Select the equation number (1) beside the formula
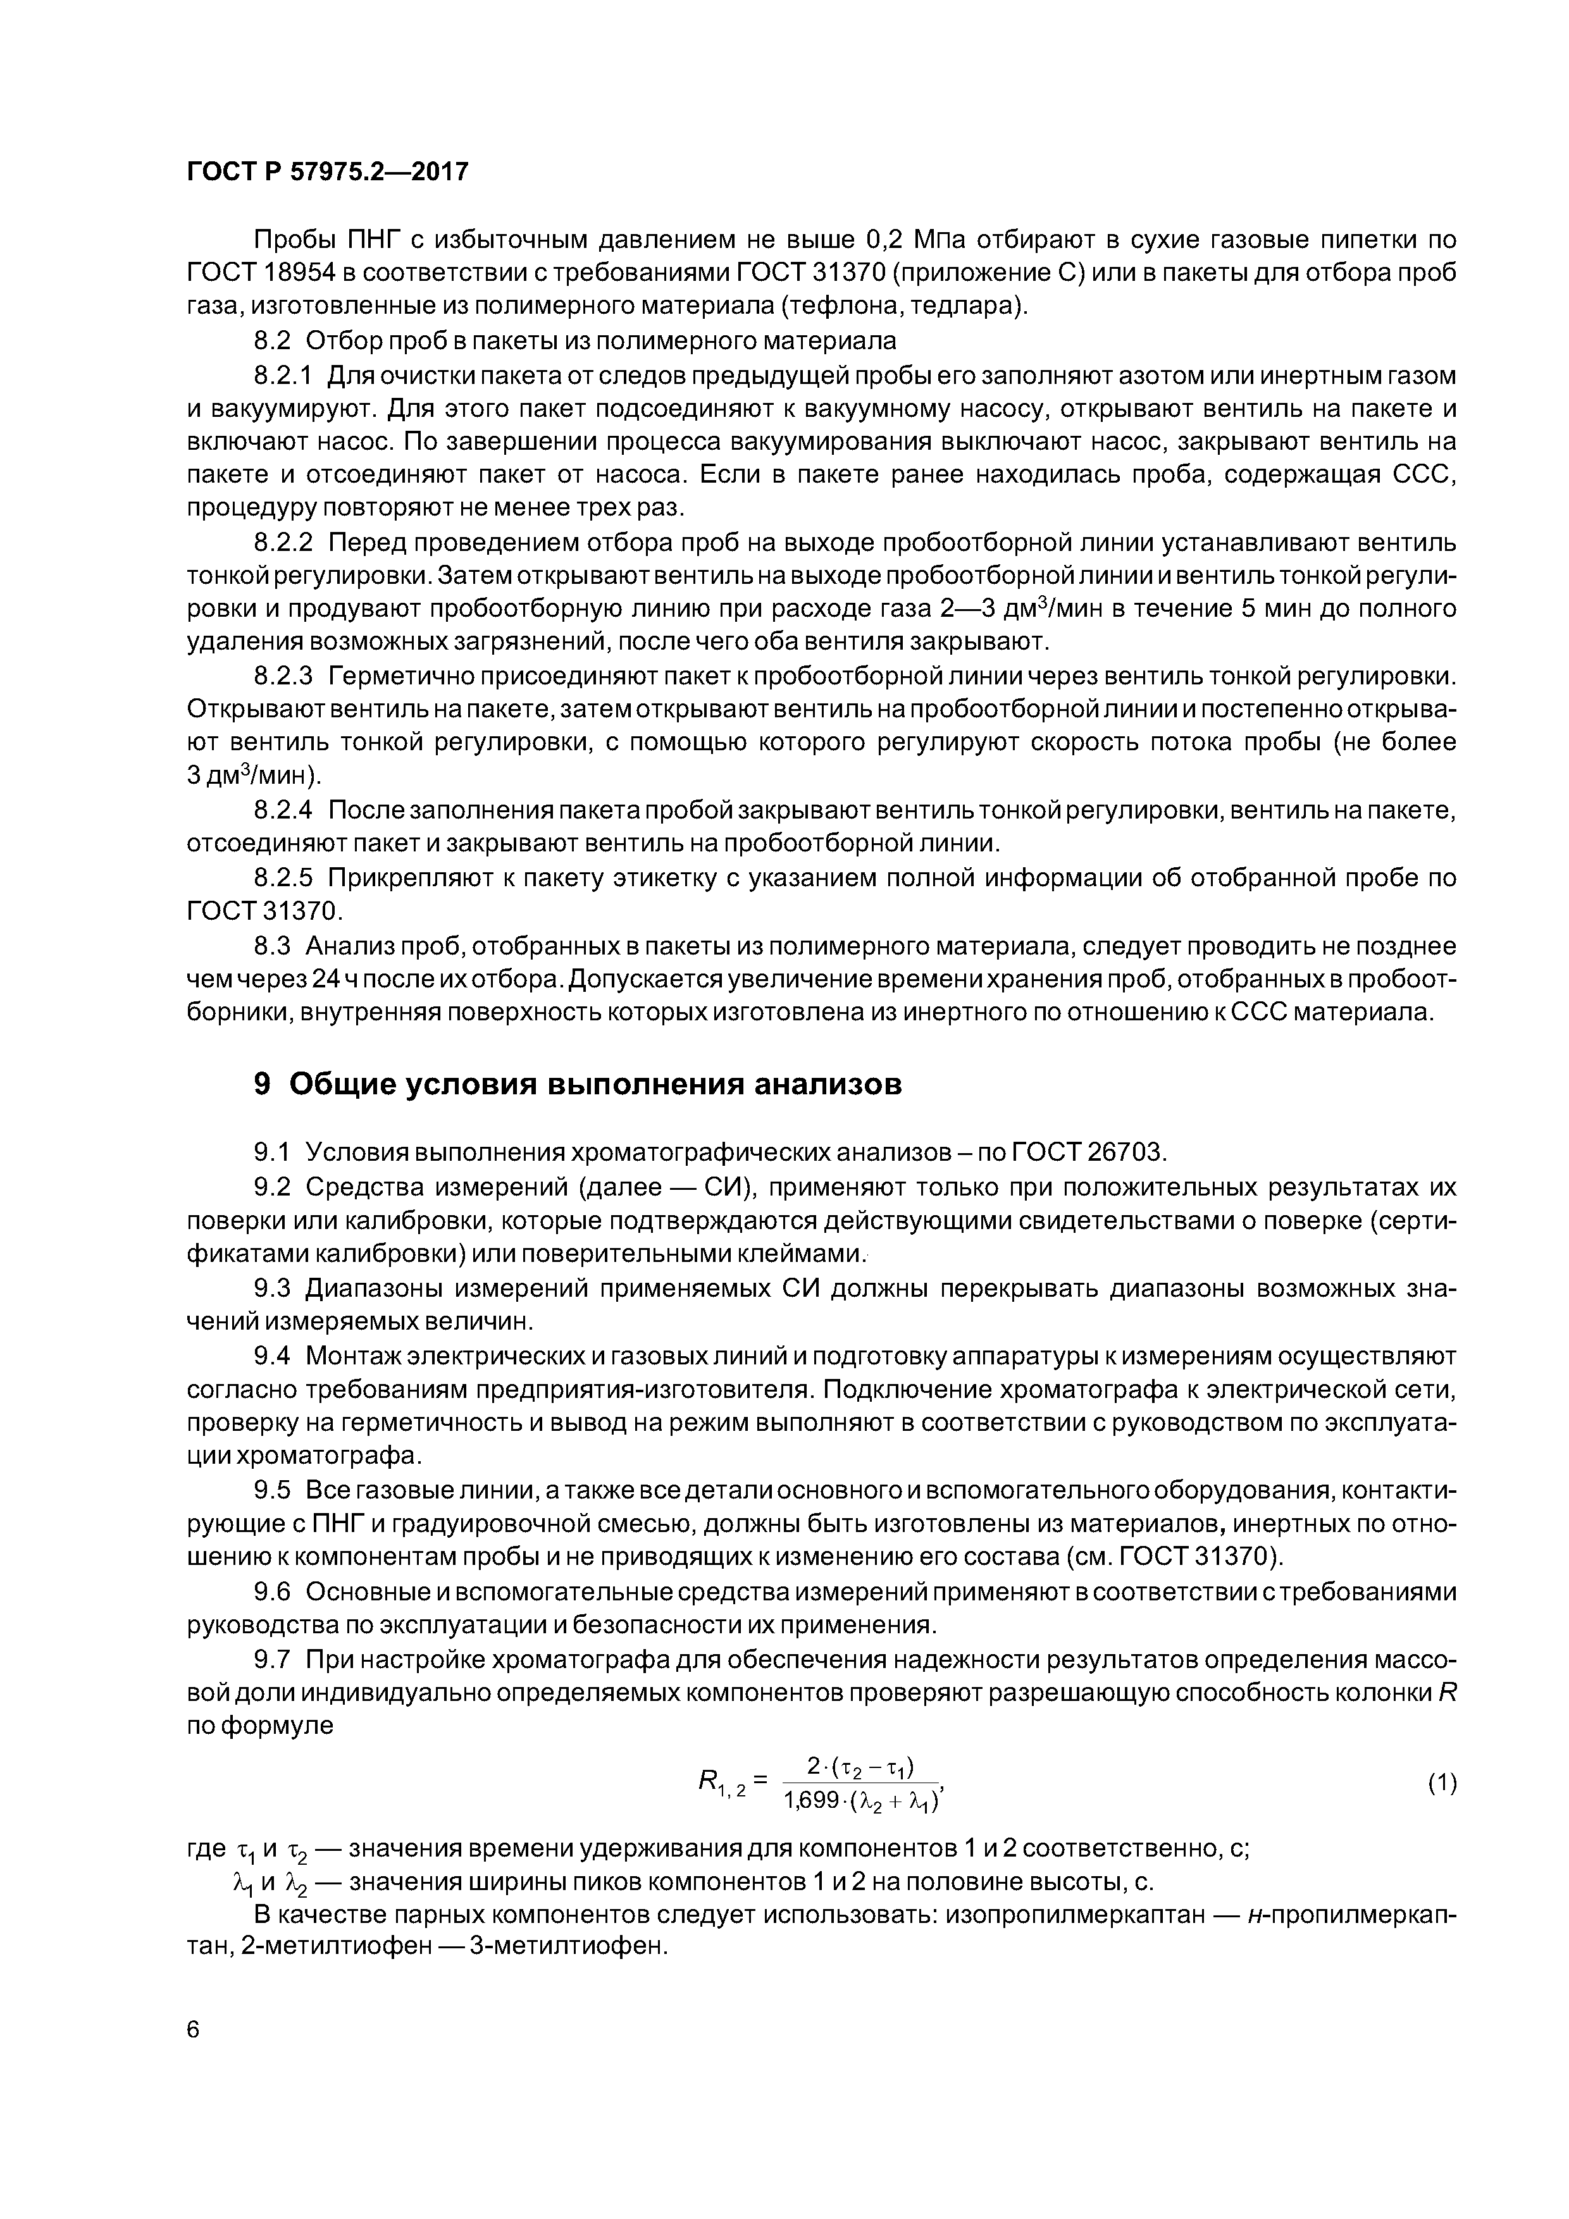[x=1441, y=1784]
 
